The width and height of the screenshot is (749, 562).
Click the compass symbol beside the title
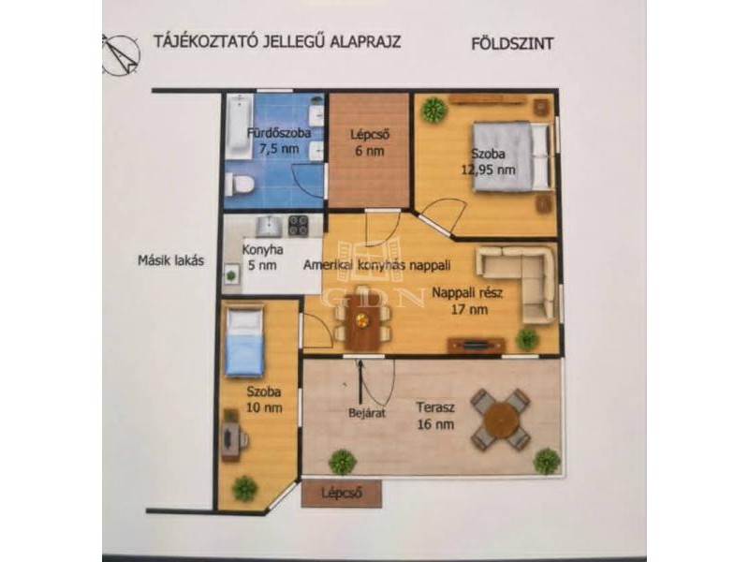pyautogui.click(x=121, y=55)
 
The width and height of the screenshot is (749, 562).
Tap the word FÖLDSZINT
pyautogui.click(x=512, y=43)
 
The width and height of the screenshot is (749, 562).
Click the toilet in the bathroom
pyautogui.click(x=239, y=184)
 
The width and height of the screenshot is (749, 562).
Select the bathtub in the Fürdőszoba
pyautogui.click(x=239, y=126)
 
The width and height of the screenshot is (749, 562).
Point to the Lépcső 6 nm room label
pyautogui.click(x=370, y=142)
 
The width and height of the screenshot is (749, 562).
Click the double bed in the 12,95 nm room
pyautogui.click(x=511, y=155)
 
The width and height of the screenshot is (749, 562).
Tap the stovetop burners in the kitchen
pyautogui.click(x=299, y=226)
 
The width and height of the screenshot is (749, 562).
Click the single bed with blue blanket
pyautogui.click(x=244, y=341)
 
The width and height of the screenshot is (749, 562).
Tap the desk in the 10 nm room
pyautogui.click(x=231, y=434)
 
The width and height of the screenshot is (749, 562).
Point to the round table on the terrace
pyautogui.click(x=500, y=419)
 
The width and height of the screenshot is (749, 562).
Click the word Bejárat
pyautogui.click(x=367, y=412)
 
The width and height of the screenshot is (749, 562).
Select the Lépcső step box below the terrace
pyautogui.click(x=342, y=493)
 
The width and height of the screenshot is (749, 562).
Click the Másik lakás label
pyautogui.click(x=170, y=260)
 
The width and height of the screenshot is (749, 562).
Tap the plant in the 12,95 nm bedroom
pyautogui.click(x=433, y=111)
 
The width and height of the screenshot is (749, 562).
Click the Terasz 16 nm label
pyautogui.click(x=435, y=415)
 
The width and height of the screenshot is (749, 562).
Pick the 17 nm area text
pyautogui.click(x=469, y=309)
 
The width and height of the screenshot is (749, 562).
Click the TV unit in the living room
pyautogui.click(x=477, y=345)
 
